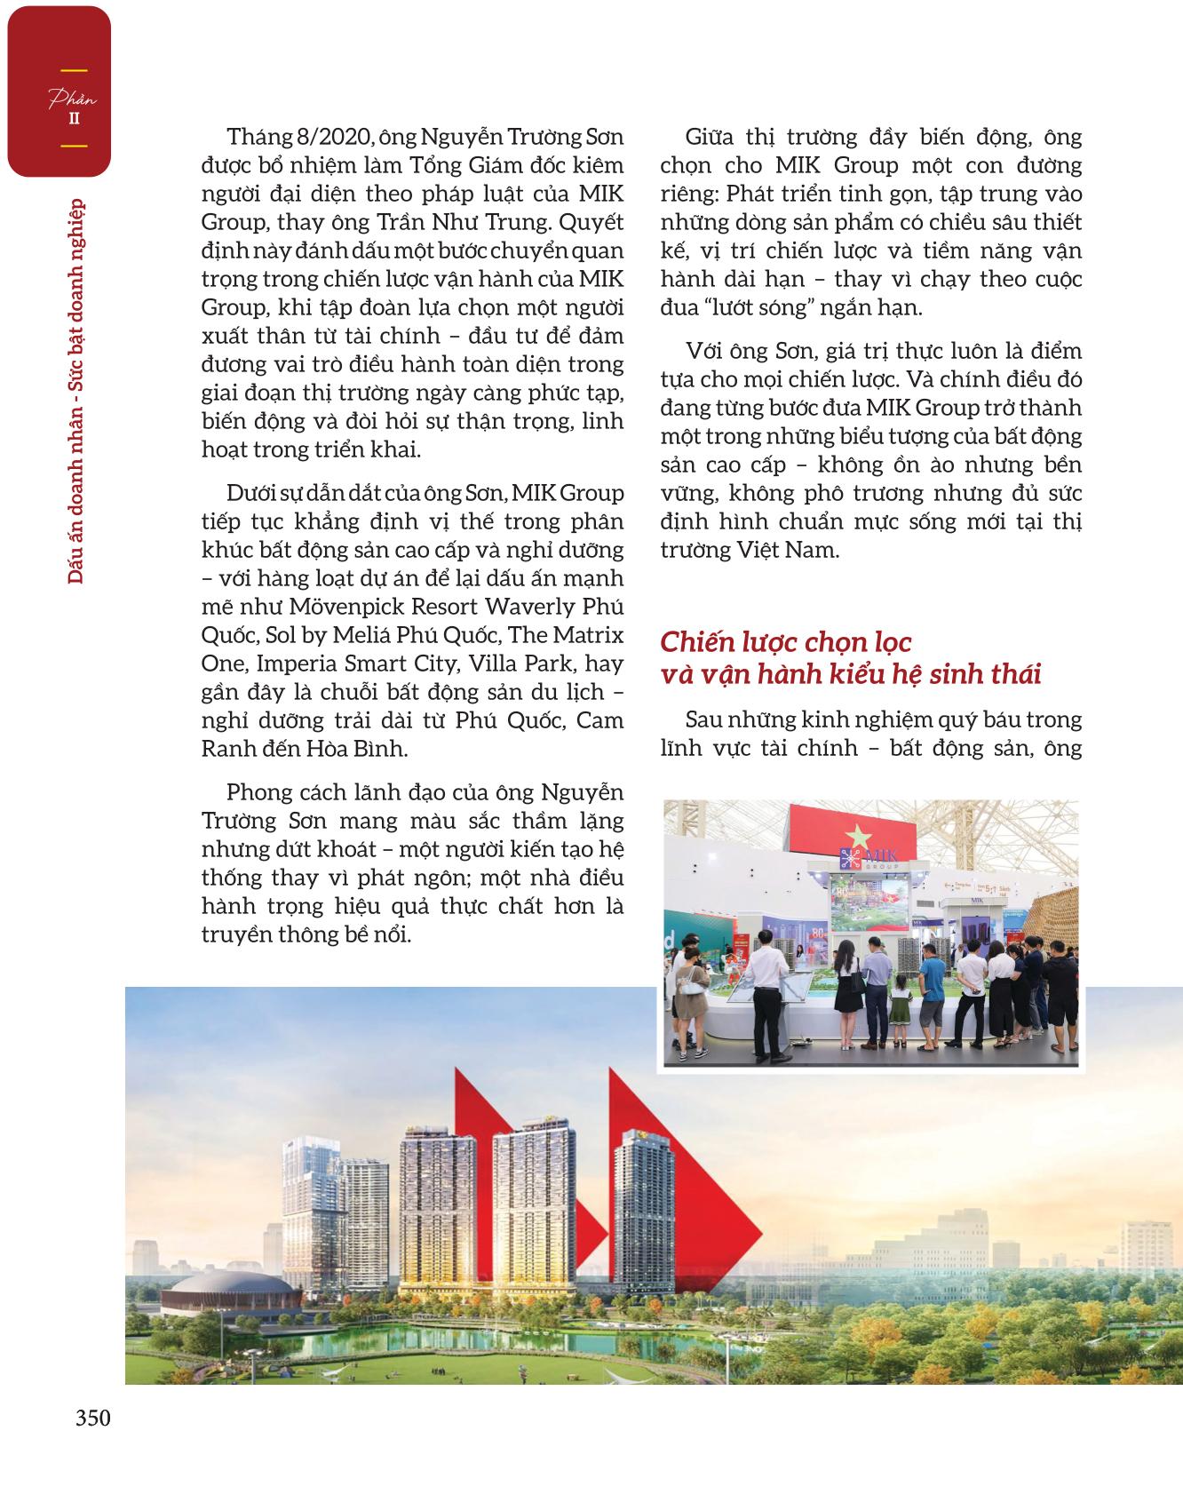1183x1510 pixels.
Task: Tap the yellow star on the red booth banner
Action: (x=859, y=838)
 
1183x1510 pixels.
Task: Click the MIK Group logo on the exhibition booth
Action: (x=858, y=859)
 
